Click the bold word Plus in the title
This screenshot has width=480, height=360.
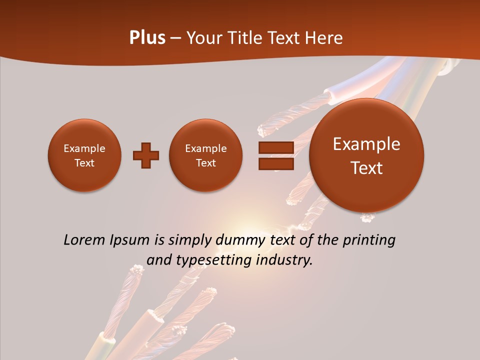coord(147,38)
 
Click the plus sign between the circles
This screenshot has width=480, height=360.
coord(146,155)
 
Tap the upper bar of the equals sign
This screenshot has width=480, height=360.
coord(276,147)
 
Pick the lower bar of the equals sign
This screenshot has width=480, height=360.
coord(276,164)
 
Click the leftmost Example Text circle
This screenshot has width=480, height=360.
coord(84,155)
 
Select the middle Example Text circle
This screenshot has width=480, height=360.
coord(205,155)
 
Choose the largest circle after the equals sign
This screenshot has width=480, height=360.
coord(366,155)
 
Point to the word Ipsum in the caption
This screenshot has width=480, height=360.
coord(131,240)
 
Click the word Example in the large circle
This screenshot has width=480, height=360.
coord(366,144)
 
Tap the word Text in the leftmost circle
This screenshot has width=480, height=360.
coord(84,163)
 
